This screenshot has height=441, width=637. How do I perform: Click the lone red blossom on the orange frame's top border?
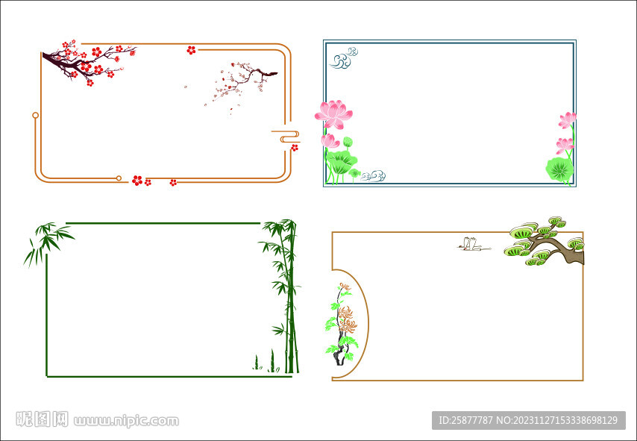point(191,50)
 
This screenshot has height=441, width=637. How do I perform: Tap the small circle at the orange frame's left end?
point(35,116)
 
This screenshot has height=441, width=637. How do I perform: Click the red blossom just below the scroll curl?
point(295,148)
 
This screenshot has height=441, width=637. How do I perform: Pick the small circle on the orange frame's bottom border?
point(119,178)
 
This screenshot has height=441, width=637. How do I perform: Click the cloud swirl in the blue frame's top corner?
point(343,57)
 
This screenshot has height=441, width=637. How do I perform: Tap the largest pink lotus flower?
point(333,114)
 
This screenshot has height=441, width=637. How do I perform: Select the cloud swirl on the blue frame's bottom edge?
point(373,175)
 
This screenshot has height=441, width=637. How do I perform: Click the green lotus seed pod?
point(348,143)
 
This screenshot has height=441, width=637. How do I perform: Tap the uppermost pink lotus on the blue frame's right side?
point(567,120)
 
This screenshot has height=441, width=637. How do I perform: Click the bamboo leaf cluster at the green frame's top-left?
point(48,243)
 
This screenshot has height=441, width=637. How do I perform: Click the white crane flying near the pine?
point(474,245)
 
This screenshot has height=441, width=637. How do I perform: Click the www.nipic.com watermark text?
point(126,420)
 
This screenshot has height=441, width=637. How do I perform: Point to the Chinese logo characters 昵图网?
point(42,419)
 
